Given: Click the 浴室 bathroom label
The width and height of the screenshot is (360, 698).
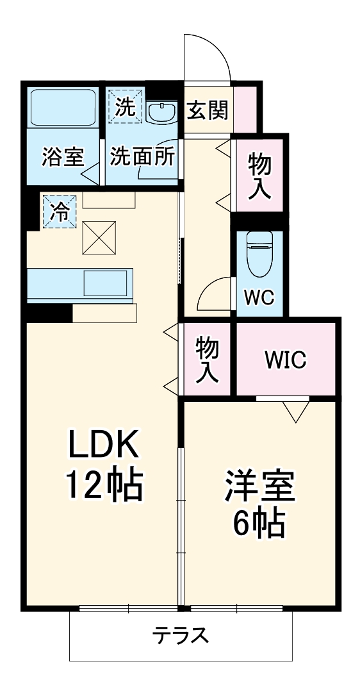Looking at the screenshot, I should coord(63,158).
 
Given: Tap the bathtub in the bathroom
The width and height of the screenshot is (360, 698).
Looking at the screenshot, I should coord(63,108).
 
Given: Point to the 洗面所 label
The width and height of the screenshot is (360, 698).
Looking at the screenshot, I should coord(142,158).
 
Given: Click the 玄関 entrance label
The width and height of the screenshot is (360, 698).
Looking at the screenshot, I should coord(208,111).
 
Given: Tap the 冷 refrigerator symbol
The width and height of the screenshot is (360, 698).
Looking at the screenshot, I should coord(59,212).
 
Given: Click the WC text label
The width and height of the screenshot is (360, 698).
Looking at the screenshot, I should coord(260,297).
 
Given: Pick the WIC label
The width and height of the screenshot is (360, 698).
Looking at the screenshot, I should coord(286,360).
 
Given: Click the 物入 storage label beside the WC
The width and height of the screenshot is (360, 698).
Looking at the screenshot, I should coord(259,174).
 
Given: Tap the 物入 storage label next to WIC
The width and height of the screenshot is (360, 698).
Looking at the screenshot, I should coord(207,360).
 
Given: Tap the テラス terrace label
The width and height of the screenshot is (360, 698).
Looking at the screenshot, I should coord(180,636).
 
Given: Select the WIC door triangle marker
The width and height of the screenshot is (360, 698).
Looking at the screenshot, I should coord(295,410).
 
